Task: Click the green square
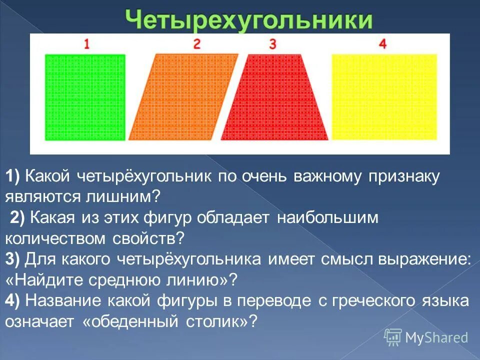point(85,97)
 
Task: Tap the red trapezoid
point(274,100)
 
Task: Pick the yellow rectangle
point(384,97)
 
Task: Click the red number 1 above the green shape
point(87,44)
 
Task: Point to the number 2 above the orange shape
point(196,44)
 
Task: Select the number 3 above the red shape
point(272,44)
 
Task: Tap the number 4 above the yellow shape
point(382,44)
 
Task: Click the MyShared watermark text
point(436,337)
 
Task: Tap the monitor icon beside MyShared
point(393,337)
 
